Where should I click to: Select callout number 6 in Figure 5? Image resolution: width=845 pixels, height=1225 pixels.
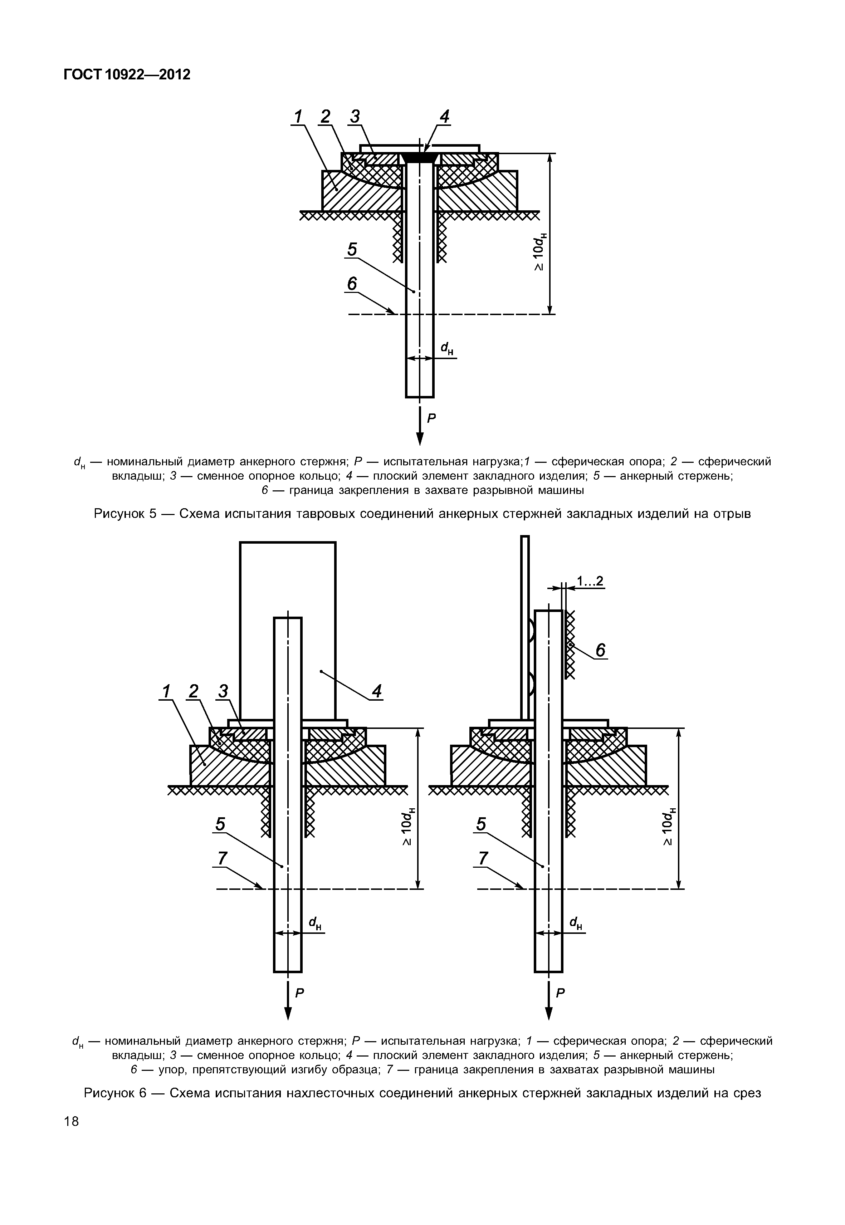coord(352,284)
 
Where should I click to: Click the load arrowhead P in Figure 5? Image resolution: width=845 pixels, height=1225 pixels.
coord(420,439)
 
